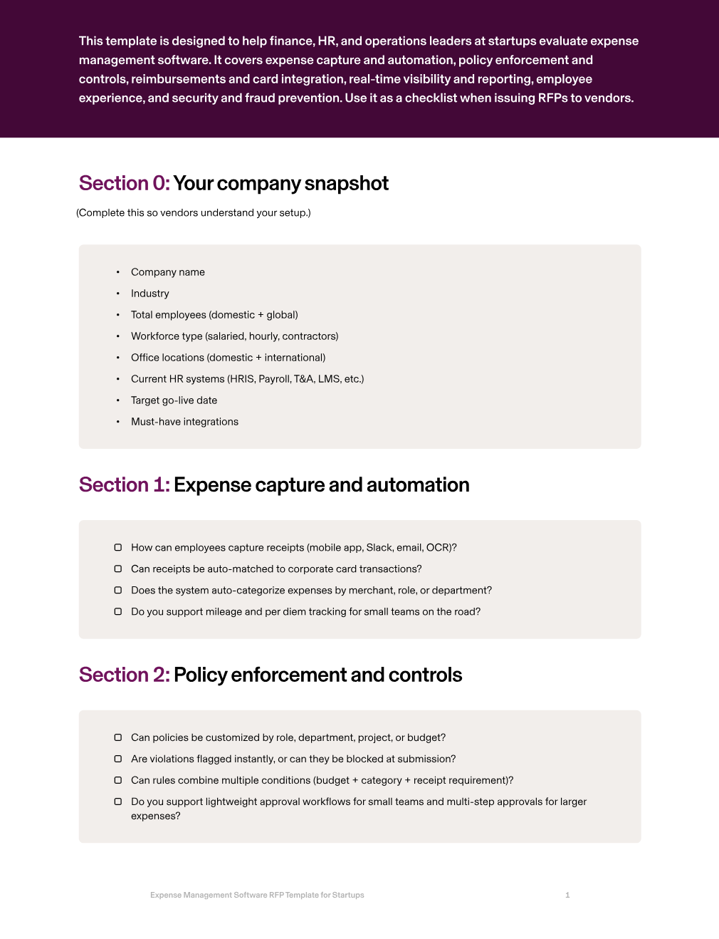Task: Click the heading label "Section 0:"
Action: click(124, 184)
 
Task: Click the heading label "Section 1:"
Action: click(124, 485)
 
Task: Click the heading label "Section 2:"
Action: click(124, 675)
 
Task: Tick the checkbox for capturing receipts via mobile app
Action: click(118, 548)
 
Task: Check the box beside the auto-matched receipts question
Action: click(118, 569)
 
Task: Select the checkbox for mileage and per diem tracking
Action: click(118, 612)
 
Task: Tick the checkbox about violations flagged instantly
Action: click(118, 759)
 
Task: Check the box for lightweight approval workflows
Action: click(118, 802)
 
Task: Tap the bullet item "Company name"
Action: click(167, 272)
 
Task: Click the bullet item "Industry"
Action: click(149, 294)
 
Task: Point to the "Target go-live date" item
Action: click(174, 400)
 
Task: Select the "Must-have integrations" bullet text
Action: click(184, 422)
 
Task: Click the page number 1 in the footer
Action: click(567, 896)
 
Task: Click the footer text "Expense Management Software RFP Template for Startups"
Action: click(257, 896)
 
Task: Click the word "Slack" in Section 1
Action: click(379, 548)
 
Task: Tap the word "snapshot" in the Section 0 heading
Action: click(346, 184)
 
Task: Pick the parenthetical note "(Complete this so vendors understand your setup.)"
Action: click(194, 213)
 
